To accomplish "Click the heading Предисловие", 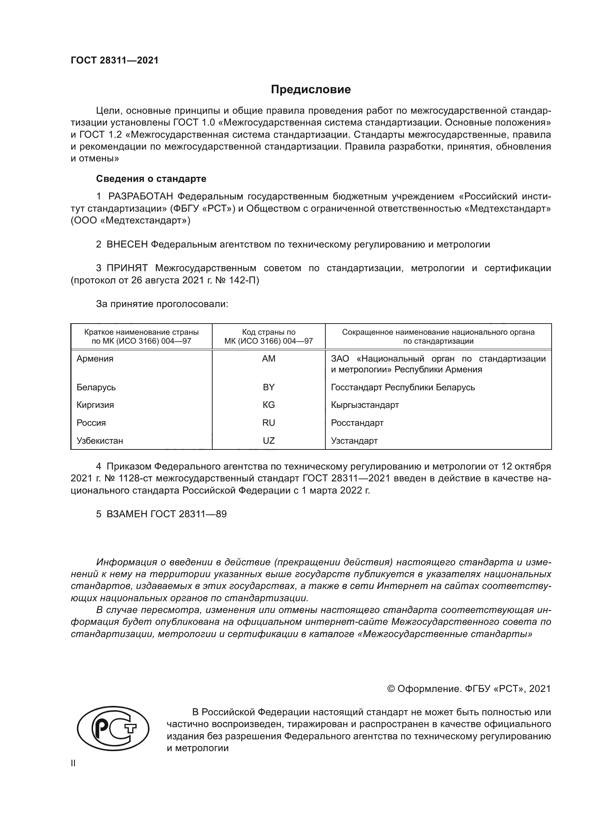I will [x=311, y=90].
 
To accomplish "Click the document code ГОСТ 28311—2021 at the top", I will [x=115, y=61].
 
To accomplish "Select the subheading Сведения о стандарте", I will [x=151, y=179].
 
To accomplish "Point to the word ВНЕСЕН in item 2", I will [x=127, y=245].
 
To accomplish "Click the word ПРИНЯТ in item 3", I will [x=127, y=268].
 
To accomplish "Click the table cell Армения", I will [x=95, y=358].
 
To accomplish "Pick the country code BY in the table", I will [x=269, y=387].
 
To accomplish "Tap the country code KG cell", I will [x=269, y=405].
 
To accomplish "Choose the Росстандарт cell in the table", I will [x=357, y=423].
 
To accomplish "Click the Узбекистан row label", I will [x=99, y=441].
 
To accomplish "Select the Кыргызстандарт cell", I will [x=365, y=405].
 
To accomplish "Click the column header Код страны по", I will [x=269, y=332].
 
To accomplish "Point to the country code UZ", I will [x=269, y=441].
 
